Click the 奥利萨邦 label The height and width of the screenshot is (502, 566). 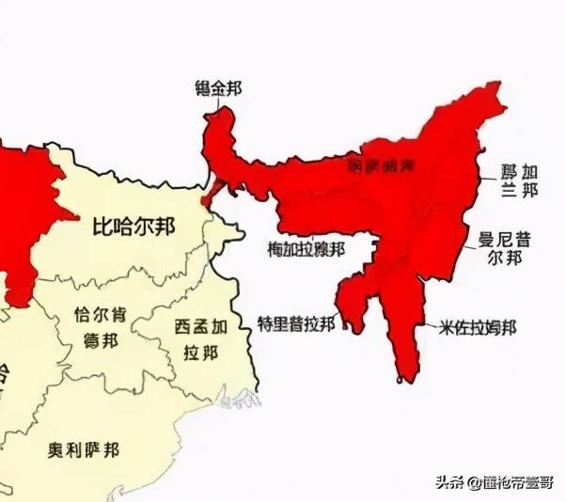tap(84, 449)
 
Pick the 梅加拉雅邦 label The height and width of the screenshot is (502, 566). tap(306, 249)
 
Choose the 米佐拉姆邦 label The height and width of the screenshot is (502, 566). tap(476, 328)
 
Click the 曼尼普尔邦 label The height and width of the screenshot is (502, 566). tap(504, 248)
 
